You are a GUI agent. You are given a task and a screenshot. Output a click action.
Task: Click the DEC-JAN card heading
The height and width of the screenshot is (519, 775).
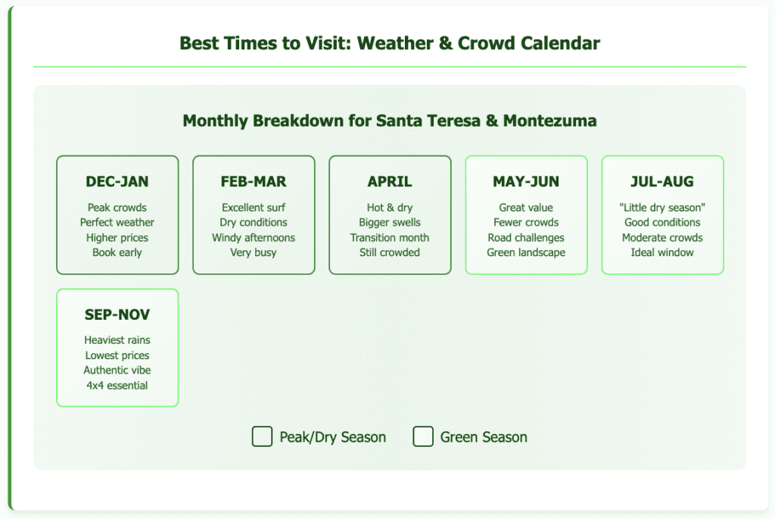click(x=117, y=182)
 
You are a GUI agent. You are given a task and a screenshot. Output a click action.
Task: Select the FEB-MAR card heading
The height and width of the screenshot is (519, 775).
click(x=254, y=182)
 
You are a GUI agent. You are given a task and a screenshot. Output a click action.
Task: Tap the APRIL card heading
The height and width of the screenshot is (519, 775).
click(x=390, y=182)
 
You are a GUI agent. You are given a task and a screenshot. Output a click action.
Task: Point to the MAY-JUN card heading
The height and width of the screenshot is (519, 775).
click(x=526, y=182)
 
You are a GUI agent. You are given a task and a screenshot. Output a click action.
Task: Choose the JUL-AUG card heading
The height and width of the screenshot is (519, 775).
click(x=662, y=182)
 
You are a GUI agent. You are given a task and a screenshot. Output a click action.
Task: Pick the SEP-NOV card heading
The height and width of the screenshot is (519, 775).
click(x=117, y=314)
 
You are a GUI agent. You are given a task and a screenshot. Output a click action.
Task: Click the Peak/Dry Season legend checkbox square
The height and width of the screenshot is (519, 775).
click(x=262, y=436)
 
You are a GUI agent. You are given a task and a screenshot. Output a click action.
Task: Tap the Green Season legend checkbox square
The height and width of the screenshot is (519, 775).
click(x=423, y=436)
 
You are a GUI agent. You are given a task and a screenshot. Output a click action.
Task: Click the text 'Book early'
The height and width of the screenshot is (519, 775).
click(x=117, y=252)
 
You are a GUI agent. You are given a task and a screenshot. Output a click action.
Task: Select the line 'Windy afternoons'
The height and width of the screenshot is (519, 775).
click(x=254, y=237)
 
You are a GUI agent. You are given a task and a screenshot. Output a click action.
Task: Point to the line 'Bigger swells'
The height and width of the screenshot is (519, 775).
click(x=390, y=222)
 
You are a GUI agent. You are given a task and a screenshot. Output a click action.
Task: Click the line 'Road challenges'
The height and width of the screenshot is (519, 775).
click(x=526, y=237)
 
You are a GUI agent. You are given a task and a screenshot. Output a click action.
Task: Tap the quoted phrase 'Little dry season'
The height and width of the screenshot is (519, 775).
click(x=662, y=208)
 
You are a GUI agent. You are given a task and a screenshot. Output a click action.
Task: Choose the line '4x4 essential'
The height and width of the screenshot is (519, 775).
click(x=117, y=385)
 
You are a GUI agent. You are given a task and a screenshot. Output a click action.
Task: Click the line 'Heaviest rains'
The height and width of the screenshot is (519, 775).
click(x=117, y=340)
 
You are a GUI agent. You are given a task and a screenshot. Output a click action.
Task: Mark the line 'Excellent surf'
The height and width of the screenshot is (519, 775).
click(x=254, y=208)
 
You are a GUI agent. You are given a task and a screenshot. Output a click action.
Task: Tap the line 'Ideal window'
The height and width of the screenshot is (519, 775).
click(x=662, y=252)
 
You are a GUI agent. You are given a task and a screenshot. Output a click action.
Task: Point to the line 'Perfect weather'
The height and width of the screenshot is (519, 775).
click(x=117, y=222)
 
